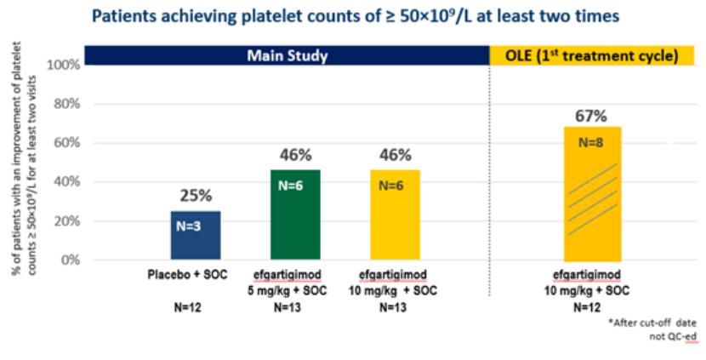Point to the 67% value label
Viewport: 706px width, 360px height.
click(x=592, y=115)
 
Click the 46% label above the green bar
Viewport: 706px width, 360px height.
click(x=294, y=156)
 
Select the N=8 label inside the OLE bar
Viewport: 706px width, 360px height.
click(x=592, y=143)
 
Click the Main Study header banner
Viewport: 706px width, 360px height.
click(x=288, y=56)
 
